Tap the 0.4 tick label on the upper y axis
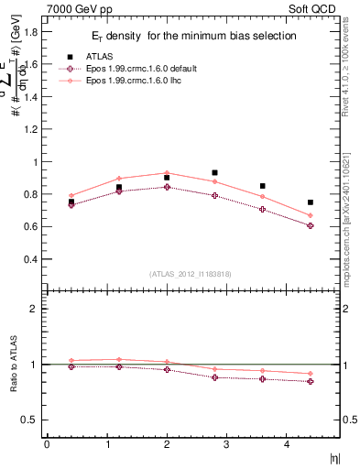point(31,259)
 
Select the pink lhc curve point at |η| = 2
point(167,172)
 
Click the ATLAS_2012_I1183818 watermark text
point(191,273)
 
